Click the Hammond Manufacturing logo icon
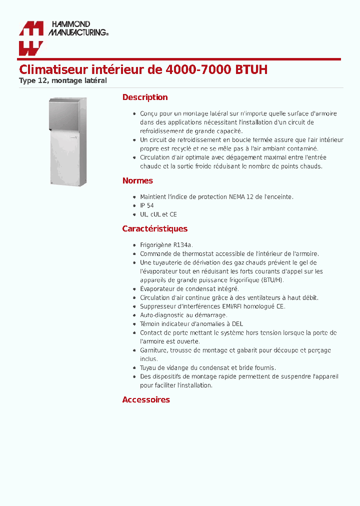[x=31, y=38]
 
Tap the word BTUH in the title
[x=251, y=69]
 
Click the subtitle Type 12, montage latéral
[x=63, y=80]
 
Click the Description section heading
[x=145, y=97]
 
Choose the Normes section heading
[x=137, y=181]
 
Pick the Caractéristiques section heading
[x=155, y=229]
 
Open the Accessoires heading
[x=146, y=400]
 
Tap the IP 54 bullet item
[x=147, y=205]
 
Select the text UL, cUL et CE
[x=158, y=214]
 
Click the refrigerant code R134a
[x=182, y=245]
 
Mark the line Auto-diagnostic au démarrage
[x=183, y=315]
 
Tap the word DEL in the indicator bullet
[x=237, y=324]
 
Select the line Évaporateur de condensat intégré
[x=189, y=289]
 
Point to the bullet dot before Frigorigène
[x=135, y=245]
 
